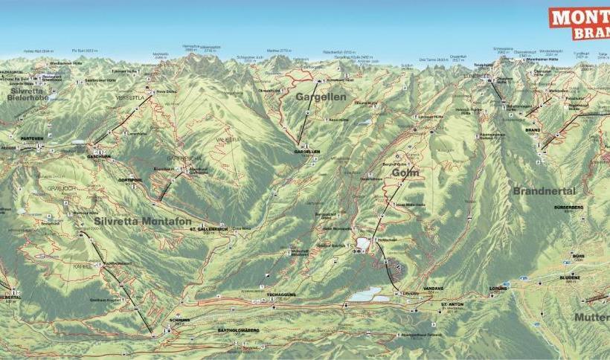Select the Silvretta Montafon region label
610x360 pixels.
[x=143, y=222]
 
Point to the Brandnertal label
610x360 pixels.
[x=544, y=190]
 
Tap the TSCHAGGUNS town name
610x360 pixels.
[x=283, y=295]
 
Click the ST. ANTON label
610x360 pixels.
[x=452, y=304]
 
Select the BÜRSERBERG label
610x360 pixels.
[x=569, y=208]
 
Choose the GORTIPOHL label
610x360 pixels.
[x=129, y=180]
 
